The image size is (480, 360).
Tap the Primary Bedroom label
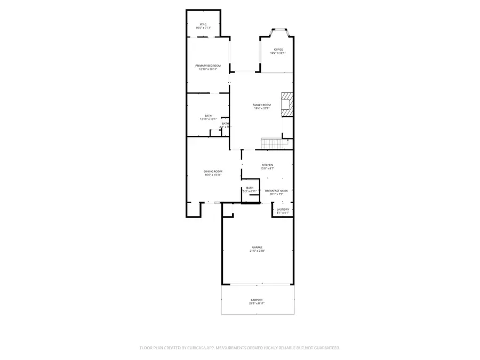click(207, 65)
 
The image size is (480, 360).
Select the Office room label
click(278, 49)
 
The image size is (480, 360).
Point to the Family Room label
click(262, 105)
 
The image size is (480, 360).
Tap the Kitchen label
click(267, 165)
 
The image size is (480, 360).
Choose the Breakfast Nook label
click(276, 190)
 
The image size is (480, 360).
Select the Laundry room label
click(283, 209)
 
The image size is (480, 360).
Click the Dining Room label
click(212, 171)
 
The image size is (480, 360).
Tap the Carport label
click(257, 300)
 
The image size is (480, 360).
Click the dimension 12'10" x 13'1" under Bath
click(208, 119)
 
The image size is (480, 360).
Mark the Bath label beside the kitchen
click(250, 188)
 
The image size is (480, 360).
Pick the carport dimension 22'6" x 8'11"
click(257, 303)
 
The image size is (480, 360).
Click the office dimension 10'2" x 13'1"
click(278, 53)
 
